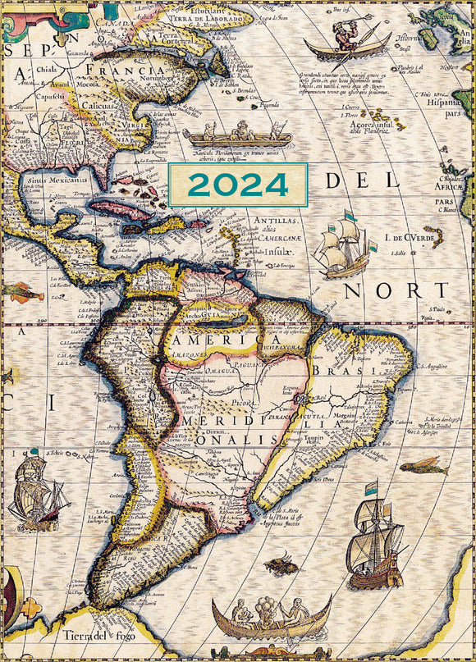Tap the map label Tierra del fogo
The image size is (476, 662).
[93, 635]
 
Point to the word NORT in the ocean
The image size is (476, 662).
[396, 290]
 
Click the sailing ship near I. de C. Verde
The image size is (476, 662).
[343, 247]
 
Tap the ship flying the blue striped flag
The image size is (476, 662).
[375, 541]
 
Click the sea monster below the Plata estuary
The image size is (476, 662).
[281, 564]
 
